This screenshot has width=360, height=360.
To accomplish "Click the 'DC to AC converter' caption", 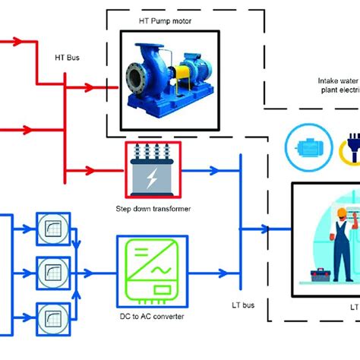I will point(152,316).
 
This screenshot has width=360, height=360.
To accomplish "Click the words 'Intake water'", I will point(339,81).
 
